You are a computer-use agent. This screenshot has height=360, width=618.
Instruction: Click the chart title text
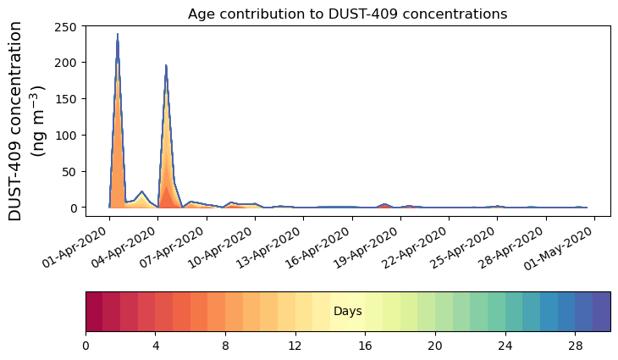pos(347,14)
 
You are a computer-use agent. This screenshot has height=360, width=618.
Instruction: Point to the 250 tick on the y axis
pos(69,26)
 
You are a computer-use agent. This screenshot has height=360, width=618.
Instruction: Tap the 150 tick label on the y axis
pos(69,99)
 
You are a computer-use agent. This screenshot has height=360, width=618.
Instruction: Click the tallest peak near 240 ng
pos(117,36)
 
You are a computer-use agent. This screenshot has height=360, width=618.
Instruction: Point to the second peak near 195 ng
pos(166,67)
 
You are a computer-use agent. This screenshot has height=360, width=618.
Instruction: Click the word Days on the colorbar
pos(347,312)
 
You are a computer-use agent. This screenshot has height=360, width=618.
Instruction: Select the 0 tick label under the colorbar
pos(86,346)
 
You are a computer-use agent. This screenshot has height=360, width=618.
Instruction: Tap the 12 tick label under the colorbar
pos(295,346)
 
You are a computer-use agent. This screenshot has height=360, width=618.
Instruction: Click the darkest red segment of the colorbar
pos(94,312)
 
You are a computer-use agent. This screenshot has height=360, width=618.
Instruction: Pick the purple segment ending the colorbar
pos(601,312)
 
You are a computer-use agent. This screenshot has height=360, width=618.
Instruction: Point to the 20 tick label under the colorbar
pos(434,346)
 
